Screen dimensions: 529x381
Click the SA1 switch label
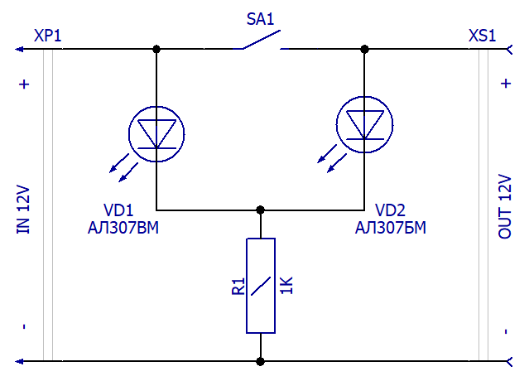click(x=260, y=19)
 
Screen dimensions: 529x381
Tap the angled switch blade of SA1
click(x=262, y=40)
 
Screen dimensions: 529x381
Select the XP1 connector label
click(x=47, y=36)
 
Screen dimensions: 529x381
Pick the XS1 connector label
click(x=482, y=36)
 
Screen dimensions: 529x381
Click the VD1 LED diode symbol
click(x=156, y=134)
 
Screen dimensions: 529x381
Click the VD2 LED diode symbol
click(x=365, y=124)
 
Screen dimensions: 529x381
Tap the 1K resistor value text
click(x=286, y=286)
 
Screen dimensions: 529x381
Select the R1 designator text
click(x=238, y=287)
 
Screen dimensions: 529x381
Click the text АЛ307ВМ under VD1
click(x=123, y=228)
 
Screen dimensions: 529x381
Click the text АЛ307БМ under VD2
click(x=391, y=228)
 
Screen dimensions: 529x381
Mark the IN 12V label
click(x=23, y=210)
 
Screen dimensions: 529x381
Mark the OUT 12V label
click(x=505, y=206)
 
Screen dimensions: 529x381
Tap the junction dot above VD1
click(x=156, y=49)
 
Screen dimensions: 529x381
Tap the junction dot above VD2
click(x=364, y=49)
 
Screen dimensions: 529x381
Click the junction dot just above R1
click(x=260, y=210)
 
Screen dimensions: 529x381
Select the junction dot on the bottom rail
click(x=260, y=362)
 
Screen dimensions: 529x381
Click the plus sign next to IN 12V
click(x=24, y=84)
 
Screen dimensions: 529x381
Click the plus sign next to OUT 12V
click(x=506, y=84)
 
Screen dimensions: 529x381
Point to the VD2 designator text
click(x=391, y=210)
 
